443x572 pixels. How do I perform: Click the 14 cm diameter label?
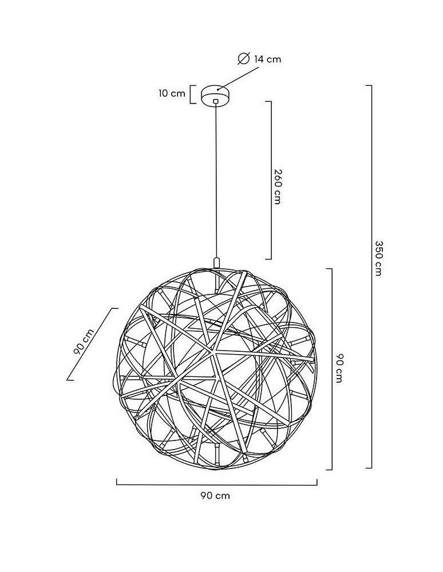[x=267, y=59]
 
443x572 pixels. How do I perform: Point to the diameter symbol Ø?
[x=243, y=58]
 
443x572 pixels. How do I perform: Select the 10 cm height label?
[x=172, y=93]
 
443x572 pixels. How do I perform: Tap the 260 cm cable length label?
[x=277, y=187]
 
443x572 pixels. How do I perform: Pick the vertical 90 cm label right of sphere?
[x=339, y=368]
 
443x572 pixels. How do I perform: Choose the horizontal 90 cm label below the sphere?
[x=215, y=495]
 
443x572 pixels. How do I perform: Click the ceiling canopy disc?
[x=215, y=94]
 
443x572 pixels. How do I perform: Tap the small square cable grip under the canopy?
[x=215, y=102]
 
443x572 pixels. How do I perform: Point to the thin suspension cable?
[x=216, y=183]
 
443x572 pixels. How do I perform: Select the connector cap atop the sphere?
[x=216, y=262]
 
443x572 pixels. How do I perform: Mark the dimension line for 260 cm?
[x=270, y=180]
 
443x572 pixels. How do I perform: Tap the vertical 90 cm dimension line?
[x=331, y=369]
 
